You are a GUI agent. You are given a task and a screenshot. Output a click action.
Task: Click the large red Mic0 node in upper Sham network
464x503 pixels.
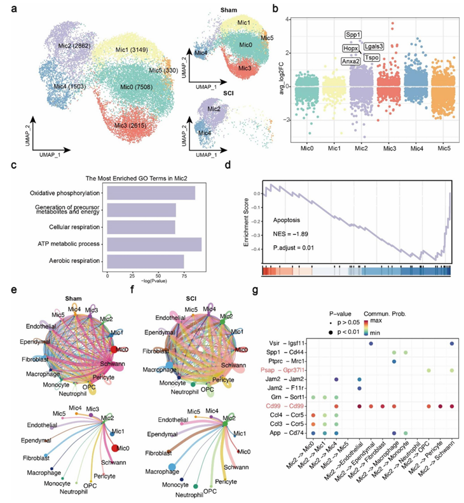(115, 350)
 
